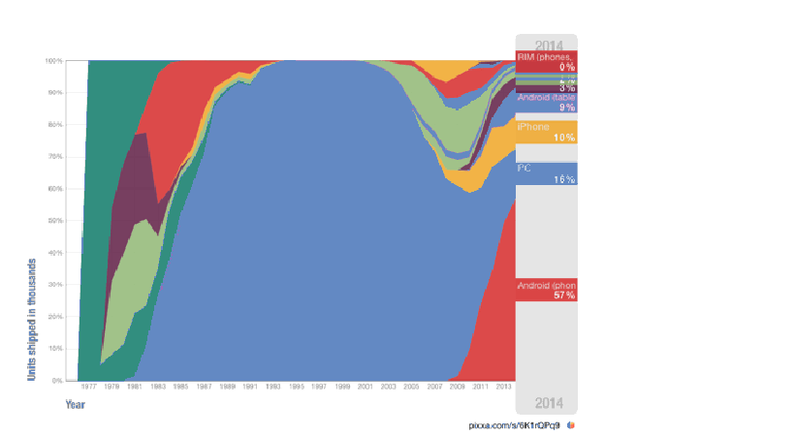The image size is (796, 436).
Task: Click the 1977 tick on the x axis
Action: click(x=88, y=386)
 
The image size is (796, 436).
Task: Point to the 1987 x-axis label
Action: click(x=205, y=386)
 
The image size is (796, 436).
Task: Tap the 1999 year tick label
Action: click(x=343, y=386)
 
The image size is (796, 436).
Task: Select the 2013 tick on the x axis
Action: click(x=504, y=386)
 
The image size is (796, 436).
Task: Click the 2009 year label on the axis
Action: click(x=459, y=386)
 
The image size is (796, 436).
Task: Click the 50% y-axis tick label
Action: click(x=54, y=221)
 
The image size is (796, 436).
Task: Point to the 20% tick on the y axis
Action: click(x=54, y=317)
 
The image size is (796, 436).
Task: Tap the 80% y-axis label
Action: click(x=54, y=125)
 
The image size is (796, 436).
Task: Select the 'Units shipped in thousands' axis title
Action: click(x=32, y=317)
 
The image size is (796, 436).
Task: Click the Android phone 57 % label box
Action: click(x=546, y=290)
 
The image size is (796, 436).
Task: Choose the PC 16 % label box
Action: click(x=546, y=173)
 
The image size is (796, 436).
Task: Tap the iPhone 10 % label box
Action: click(x=546, y=132)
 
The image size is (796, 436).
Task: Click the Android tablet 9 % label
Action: click(x=546, y=102)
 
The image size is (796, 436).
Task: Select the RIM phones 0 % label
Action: click(x=546, y=62)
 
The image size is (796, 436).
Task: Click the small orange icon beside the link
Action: click(x=572, y=424)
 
